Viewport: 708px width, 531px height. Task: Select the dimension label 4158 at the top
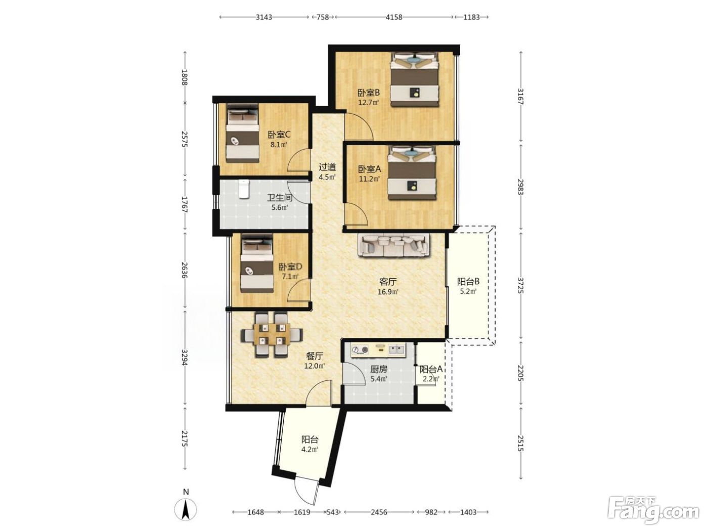(394, 17)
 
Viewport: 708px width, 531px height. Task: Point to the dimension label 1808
(185, 77)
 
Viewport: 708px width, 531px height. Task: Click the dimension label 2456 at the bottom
(379, 512)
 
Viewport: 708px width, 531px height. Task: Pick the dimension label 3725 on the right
(520, 285)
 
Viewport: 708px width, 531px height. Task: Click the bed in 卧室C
(242, 133)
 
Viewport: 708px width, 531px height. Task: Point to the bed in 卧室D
(257, 263)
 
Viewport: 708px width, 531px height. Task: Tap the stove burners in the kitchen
(360, 349)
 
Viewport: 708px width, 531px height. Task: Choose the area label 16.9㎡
(388, 292)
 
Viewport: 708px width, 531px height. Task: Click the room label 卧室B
(369, 93)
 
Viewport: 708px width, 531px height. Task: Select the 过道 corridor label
(327, 167)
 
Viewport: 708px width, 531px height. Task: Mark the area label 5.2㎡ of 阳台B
(468, 292)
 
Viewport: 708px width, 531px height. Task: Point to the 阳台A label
(430, 370)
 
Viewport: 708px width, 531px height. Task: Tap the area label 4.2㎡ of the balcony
(309, 449)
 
